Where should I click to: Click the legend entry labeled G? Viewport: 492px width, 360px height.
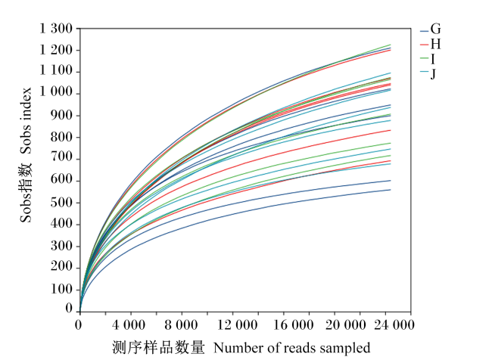[x=431, y=29]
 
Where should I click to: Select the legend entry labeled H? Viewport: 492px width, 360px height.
[x=431, y=44]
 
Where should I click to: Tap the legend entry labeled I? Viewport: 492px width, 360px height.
[x=428, y=59]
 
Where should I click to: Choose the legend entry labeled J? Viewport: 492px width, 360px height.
[x=428, y=74]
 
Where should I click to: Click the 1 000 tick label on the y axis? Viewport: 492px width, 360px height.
[x=56, y=93]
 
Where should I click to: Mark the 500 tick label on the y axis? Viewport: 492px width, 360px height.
[x=61, y=203]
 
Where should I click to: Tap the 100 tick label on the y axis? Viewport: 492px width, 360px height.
[x=61, y=290]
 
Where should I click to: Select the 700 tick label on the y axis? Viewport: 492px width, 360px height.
[x=61, y=160]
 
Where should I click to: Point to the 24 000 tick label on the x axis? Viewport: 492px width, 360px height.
[x=394, y=325]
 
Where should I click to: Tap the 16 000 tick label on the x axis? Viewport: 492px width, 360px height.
[x=294, y=325]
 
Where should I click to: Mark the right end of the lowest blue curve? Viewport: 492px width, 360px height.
[x=391, y=190]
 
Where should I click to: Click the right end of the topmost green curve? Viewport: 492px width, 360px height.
[x=391, y=45]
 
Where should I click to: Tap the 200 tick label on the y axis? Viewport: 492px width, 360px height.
[x=61, y=268]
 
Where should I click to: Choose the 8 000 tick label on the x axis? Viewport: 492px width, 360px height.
[x=182, y=325]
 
